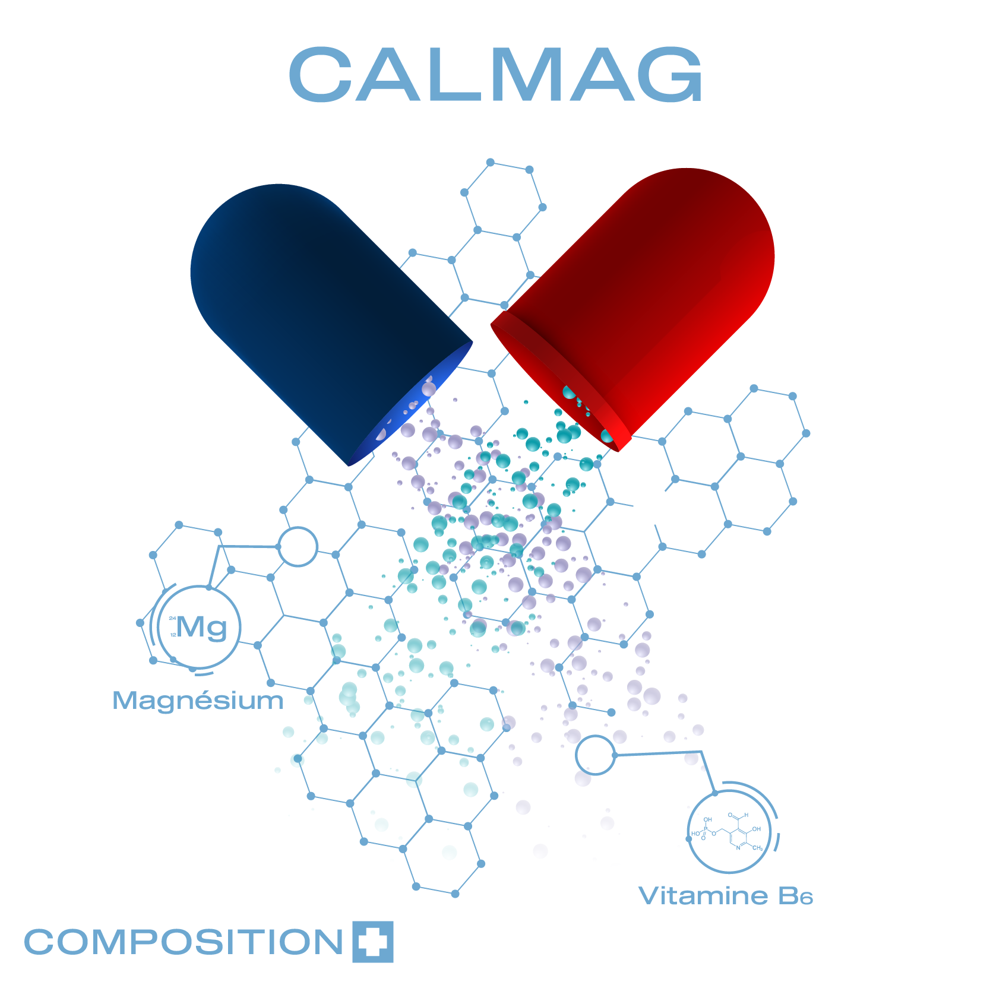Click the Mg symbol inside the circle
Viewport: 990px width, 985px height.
click(x=202, y=627)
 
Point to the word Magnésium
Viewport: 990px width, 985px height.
click(x=198, y=701)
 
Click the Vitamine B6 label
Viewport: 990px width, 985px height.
click(x=725, y=895)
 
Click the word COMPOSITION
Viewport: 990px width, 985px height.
click(x=184, y=942)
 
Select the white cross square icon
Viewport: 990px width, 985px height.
click(x=373, y=942)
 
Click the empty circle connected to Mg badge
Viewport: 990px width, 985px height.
click(x=298, y=546)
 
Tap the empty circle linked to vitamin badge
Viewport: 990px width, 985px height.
click(x=595, y=755)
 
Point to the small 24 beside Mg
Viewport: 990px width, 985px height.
click(x=172, y=619)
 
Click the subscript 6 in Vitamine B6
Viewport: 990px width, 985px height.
click(x=806, y=899)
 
